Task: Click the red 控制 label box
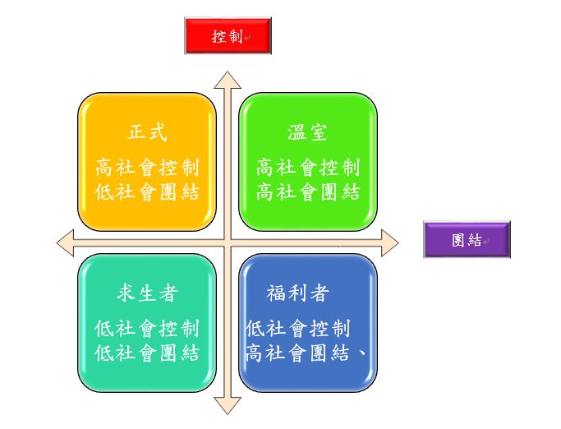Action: (228, 36)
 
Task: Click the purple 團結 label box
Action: (467, 240)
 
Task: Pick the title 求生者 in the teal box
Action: (147, 293)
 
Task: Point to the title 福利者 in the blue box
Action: (298, 293)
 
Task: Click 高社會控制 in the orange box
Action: (147, 168)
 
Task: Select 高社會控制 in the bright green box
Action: (308, 168)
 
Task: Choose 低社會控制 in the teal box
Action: (147, 329)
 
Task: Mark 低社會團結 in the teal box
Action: (147, 353)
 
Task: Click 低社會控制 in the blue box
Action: (298, 329)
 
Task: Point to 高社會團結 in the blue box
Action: (298, 353)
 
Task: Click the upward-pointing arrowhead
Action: (228, 80)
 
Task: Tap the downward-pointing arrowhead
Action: (228, 405)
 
